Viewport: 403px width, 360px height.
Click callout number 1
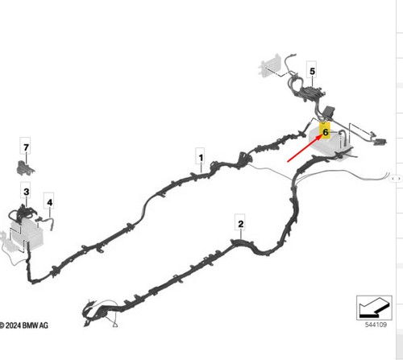(201, 158)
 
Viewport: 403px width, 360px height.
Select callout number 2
(241, 224)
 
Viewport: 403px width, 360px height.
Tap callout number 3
(26, 192)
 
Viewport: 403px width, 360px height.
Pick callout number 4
(50, 202)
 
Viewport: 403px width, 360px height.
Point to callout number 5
(312, 72)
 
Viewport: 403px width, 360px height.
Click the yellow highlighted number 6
(325, 132)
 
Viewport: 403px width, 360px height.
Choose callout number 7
(26, 147)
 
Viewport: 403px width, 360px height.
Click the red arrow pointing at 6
(305, 148)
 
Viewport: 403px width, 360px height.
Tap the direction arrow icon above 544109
(374, 308)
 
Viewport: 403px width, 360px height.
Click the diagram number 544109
(376, 325)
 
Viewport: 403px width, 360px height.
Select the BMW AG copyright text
(24, 325)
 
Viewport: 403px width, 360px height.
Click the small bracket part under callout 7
(26, 168)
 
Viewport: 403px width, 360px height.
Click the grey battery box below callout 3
(27, 233)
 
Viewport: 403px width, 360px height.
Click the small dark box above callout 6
(330, 111)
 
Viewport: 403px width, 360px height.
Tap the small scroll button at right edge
(397, 178)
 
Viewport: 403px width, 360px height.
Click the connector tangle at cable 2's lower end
(99, 312)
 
